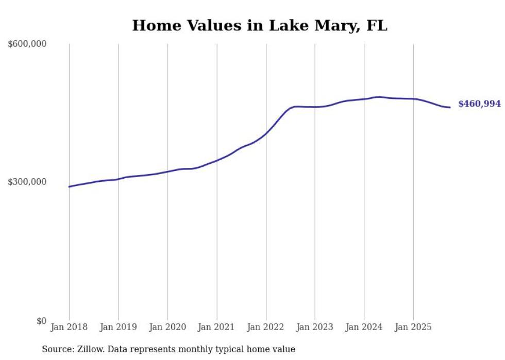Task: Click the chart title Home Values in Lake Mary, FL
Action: (259, 25)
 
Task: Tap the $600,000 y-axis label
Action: (27, 44)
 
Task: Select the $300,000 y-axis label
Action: (27, 182)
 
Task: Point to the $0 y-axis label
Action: (41, 321)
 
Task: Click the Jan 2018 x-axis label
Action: (69, 327)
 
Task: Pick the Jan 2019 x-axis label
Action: (118, 327)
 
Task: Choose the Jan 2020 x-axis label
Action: (167, 327)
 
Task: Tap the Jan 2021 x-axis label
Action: (216, 327)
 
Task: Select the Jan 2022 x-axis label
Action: (266, 327)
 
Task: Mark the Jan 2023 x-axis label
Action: (315, 327)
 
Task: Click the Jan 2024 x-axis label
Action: (364, 327)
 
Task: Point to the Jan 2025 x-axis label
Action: (413, 327)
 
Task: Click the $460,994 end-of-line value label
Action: (479, 104)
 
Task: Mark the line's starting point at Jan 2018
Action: (69, 186)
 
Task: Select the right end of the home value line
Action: (450, 107)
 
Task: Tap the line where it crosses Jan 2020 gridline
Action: (167, 172)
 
